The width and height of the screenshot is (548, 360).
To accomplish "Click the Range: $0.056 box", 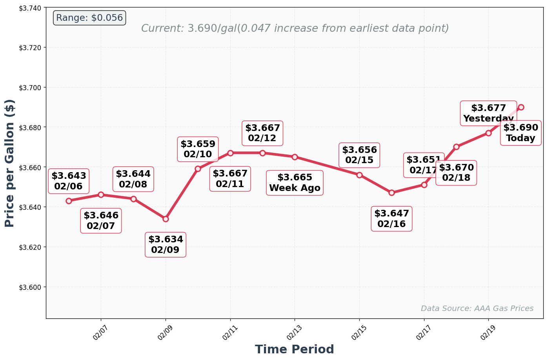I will (x=89, y=18).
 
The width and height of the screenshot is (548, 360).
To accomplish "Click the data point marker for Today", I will (x=521, y=107).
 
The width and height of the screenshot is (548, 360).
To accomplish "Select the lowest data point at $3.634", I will (x=166, y=219).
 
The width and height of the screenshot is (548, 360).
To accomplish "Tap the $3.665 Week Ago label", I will (x=295, y=183).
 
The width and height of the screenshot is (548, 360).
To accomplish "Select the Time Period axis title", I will (x=294, y=349).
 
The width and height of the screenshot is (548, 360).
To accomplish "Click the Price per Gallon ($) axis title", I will (x=10, y=163).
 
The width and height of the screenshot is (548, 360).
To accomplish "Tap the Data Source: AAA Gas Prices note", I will (x=477, y=309).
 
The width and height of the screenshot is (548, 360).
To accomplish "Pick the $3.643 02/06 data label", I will (x=69, y=181).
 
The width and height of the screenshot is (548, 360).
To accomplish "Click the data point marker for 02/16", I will (x=391, y=193).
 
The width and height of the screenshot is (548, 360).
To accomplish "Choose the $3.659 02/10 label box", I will (x=198, y=149).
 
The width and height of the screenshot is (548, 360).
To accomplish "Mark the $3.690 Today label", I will (x=521, y=133).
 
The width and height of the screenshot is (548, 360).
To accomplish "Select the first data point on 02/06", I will (x=69, y=201).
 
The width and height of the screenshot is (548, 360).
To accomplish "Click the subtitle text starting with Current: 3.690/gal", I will (x=295, y=29).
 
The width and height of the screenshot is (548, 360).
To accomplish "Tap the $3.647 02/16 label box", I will (x=391, y=219).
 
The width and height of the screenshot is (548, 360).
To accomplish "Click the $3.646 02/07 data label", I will (x=101, y=221).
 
